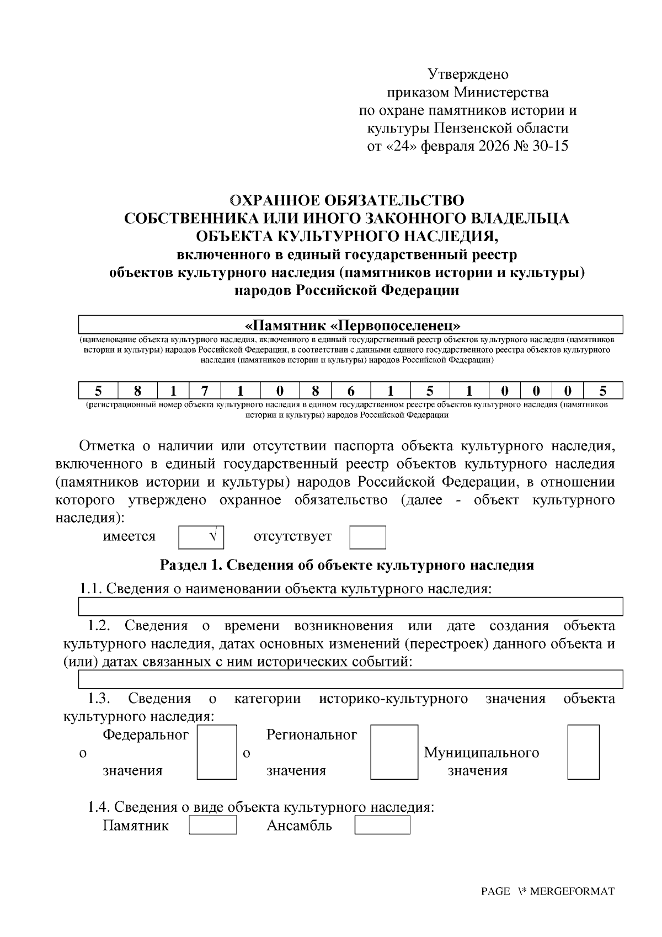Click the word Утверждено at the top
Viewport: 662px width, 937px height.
[468, 74]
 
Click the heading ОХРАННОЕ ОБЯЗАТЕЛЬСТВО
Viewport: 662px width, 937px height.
[346, 200]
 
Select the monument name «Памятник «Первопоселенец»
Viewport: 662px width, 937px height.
[352, 324]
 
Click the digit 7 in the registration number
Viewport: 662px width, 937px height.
[205, 391]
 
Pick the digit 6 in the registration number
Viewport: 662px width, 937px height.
[351, 391]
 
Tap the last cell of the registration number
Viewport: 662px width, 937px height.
[603, 391]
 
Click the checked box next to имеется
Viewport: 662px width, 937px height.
[201, 537]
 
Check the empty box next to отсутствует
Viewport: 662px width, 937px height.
[367, 537]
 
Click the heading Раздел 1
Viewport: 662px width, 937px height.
[346, 565]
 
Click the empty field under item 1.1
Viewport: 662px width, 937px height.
[351, 606]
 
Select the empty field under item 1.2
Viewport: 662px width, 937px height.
[351, 679]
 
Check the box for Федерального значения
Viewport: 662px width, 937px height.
[217, 752]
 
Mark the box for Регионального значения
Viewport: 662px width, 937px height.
[394, 752]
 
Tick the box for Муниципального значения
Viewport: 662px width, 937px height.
[583, 752]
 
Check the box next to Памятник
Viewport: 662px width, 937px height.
[212, 826]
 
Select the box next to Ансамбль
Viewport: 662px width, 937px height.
[382, 826]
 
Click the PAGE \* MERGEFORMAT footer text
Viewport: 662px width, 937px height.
[547, 891]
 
